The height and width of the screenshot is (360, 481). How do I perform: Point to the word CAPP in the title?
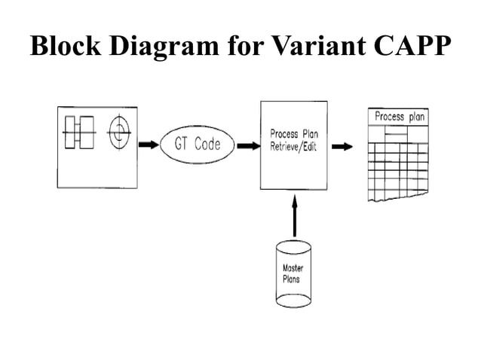(408, 47)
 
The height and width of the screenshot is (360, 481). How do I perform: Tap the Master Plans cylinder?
(293, 274)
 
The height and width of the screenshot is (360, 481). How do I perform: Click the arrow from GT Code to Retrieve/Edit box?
(246, 145)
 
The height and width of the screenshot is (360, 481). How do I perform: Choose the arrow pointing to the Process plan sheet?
(343, 146)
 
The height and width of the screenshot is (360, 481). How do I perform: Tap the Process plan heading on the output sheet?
(400, 117)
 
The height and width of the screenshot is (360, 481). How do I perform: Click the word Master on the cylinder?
(293, 269)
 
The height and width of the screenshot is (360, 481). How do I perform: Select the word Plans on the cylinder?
(291, 279)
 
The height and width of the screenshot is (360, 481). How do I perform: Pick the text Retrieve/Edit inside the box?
(293, 147)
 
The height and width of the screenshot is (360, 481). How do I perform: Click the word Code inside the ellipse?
(207, 145)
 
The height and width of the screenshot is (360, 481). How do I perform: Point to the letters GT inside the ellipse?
(182, 145)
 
